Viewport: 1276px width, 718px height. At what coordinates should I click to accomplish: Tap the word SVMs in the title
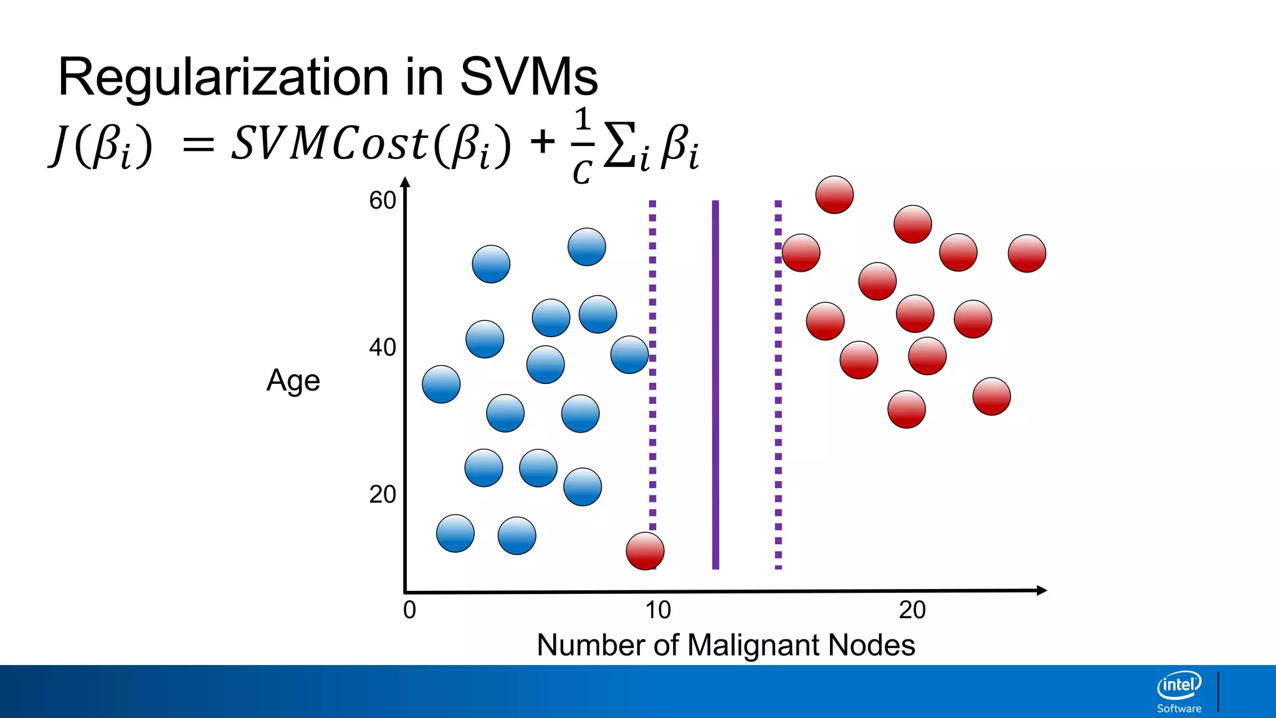(x=528, y=77)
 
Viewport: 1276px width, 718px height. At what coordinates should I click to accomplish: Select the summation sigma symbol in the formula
(x=620, y=145)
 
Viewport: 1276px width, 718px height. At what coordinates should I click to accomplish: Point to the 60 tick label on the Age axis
(x=382, y=201)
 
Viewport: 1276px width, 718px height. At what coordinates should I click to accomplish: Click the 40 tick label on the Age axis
(x=382, y=347)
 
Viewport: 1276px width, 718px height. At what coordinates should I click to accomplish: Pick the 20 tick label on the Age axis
(x=382, y=494)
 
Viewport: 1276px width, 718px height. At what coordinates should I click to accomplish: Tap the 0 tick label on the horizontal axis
(x=409, y=610)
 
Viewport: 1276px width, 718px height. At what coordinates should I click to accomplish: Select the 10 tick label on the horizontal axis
(x=658, y=610)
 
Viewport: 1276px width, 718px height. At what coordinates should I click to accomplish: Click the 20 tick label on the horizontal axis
(x=912, y=610)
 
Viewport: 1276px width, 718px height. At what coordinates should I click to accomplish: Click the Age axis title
(x=293, y=381)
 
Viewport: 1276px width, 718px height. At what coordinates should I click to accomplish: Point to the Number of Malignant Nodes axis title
(x=726, y=645)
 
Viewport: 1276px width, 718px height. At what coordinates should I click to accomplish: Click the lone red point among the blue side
(x=645, y=551)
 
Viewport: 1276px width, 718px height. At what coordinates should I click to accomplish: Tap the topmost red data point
(x=834, y=194)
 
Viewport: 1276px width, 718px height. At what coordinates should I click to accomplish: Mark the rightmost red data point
(x=1027, y=253)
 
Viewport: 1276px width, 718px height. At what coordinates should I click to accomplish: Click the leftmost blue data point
(x=441, y=384)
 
